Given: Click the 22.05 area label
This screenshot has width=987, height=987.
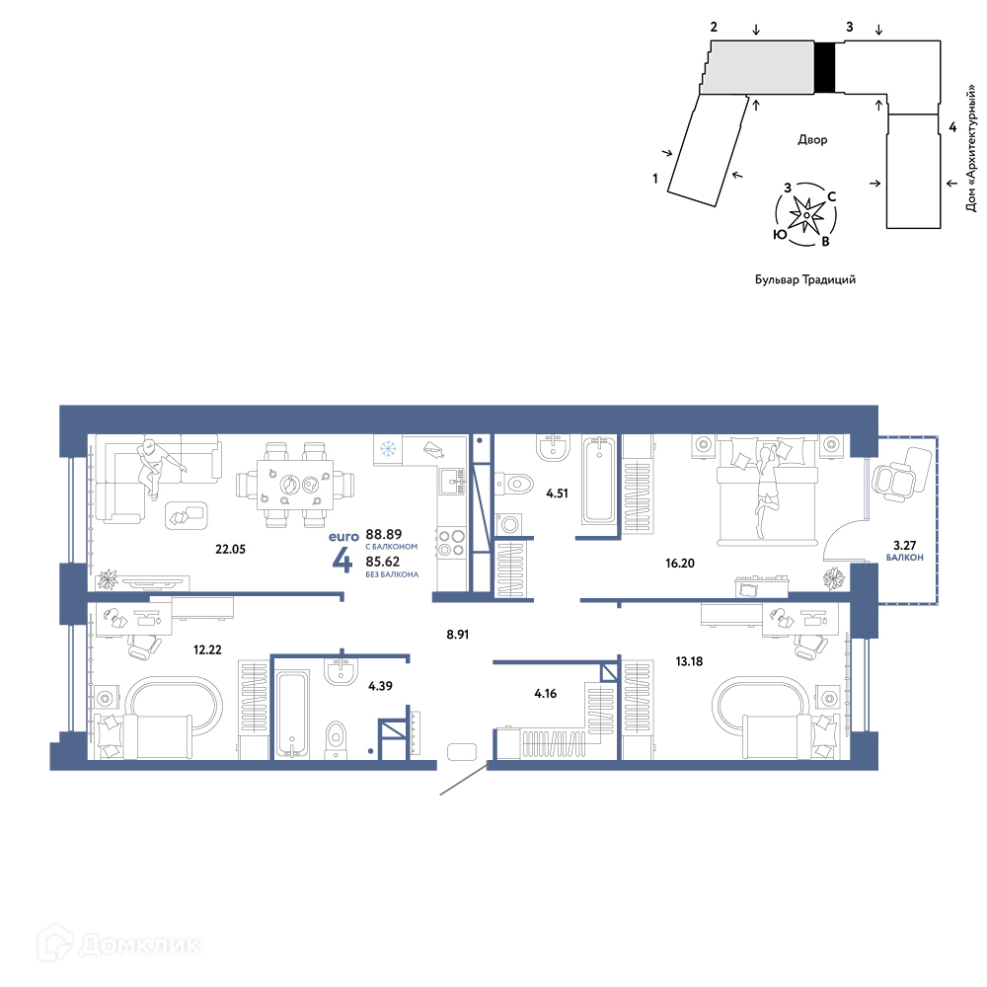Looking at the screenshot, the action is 230,549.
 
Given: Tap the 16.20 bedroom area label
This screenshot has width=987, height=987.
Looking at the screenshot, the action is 680,564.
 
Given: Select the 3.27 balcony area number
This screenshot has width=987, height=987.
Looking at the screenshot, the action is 904,546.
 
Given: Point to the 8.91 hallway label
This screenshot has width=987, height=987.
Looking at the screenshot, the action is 458,635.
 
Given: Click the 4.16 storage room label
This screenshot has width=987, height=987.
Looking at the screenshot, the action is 545,694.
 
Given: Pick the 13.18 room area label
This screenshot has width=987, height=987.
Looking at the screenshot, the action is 689,661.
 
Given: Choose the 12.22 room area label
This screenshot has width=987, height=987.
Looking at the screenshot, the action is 207,649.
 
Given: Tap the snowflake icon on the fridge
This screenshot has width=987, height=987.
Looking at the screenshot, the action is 388,449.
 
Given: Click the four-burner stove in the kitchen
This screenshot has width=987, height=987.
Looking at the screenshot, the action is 452,543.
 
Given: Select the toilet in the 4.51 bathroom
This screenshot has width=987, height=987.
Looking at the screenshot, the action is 515,484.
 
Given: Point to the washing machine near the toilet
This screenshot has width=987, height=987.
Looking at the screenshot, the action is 508,523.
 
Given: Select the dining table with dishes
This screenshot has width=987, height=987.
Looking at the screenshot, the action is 295,485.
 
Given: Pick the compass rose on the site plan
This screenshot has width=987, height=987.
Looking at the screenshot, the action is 805,214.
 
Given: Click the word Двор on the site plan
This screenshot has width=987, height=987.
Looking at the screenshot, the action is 812,139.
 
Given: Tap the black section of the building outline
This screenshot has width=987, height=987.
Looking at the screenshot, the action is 824,67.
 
